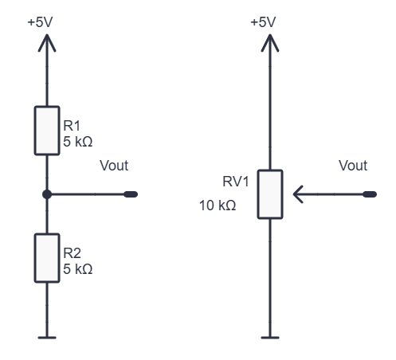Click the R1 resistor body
[47, 131]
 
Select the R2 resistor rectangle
[47, 258]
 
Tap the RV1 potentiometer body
[270, 194]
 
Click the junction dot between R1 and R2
[47, 194]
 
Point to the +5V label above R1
[40, 22]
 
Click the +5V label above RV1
[263, 22]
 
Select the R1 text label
[72, 126]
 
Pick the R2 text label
[72, 253]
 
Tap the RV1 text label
[236, 182]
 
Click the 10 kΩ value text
[218, 205]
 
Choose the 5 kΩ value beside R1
[78, 142]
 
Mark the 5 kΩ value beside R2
[78, 269]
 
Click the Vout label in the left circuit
[114, 166]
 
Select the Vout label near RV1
[353, 166]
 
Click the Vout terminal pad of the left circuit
[131, 194]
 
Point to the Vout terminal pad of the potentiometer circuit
[370, 194]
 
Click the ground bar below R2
[47, 338]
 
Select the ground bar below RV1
[270, 338]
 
